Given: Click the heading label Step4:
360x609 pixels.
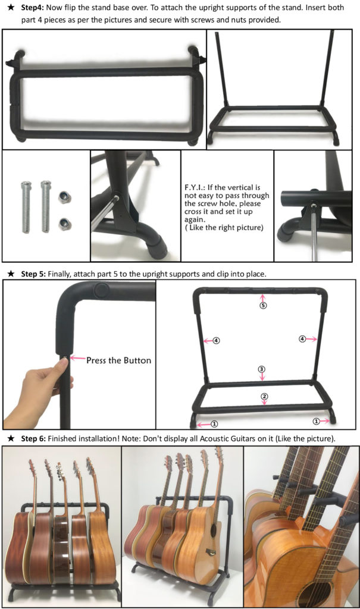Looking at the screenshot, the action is [x=32, y=7].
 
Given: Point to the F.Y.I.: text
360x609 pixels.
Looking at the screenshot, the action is [x=195, y=187].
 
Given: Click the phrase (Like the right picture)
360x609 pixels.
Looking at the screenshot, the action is [x=224, y=228].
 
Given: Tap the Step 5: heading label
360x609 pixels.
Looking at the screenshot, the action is [x=33, y=274].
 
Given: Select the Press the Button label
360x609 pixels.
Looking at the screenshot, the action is [x=118, y=360].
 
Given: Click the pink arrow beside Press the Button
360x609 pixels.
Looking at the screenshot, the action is [x=77, y=358].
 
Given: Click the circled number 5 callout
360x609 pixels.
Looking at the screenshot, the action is [x=263, y=305].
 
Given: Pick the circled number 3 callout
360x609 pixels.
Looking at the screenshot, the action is [x=262, y=369].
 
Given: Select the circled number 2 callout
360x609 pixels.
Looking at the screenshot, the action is [x=264, y=397].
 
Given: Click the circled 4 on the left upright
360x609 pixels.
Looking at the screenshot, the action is [x=216, y=341].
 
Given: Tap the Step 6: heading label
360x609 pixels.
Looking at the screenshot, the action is [x=33, y=438].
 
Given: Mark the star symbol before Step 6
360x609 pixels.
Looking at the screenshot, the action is [x=12, y=438].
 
